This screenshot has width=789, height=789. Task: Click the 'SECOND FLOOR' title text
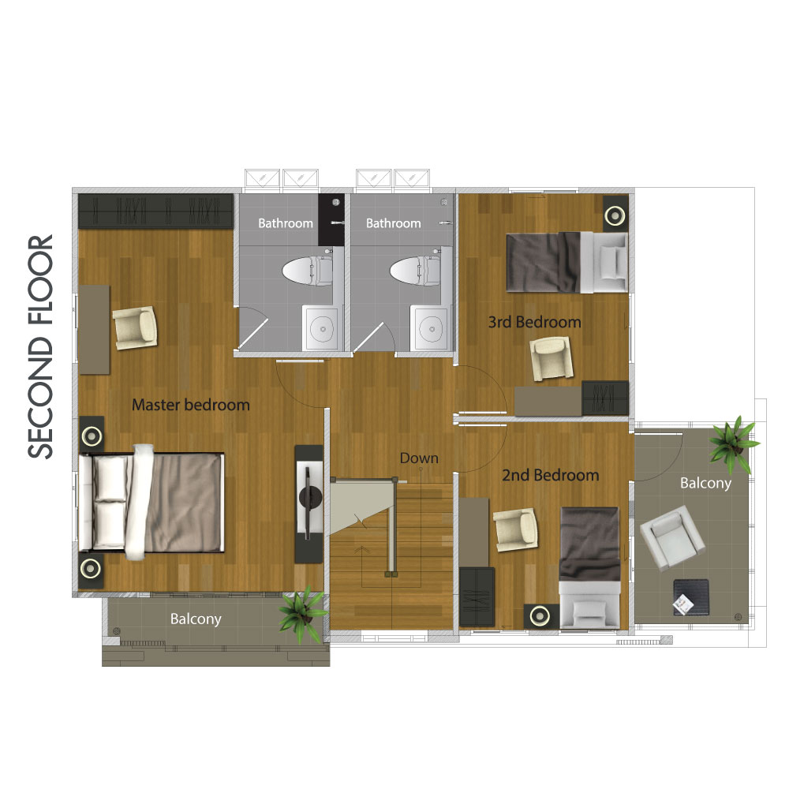pyautogui.click(x=40, y=346)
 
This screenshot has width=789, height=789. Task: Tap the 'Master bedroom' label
pyautogui.click(x=191, y=405)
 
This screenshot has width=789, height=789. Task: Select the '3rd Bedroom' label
pyautogui.click(x=534, y=322)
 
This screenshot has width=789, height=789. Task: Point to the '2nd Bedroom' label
pyautogui.click(x=551, y=475)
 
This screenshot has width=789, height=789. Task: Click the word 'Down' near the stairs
pyautogui.click(x=419, y=458)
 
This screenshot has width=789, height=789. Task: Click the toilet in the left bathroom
pyautogui.click(x=308, y=270)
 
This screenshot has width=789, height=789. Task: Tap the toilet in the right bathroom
pyautogui.click(x=416, y=270)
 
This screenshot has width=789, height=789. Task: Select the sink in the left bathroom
pyautogui.click(x=323, y=328)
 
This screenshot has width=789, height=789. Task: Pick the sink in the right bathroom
pyautogui.click(x=431, y=328)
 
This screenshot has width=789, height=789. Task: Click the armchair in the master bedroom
pyautogui.click(x=135, y=327)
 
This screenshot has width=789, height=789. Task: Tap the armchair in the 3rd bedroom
pyautogui.click(x=552, y=358)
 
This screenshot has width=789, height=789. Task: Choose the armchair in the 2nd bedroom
pyautogui.click(x=515, y=529)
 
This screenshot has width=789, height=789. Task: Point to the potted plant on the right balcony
pyautogui.click(x=733, y=443)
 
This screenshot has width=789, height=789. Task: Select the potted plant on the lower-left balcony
pyautogui.click(x=303, y=613)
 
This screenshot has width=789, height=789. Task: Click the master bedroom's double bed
pyautogui.click(x=151, y=502)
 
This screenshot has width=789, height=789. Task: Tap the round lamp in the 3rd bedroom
pyautogui.click(x=615, y=216)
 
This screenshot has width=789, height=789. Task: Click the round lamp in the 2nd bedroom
pyautogui.click(x=540, y=615)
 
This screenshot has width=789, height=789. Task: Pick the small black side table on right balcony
pyautogui.click(x=691, y=597)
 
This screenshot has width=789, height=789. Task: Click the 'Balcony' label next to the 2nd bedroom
pyautogui.click(x=705, y=483)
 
